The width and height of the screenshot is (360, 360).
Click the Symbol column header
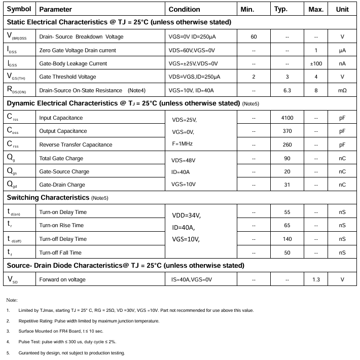point(19,9)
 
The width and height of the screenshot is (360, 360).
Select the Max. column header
point(316,9)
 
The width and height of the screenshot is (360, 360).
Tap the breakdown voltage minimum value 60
point(254,37)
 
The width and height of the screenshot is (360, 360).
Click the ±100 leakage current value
point(316,63)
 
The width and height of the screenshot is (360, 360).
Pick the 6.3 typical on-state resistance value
point(287,90)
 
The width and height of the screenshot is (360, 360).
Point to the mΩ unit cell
point(342,90)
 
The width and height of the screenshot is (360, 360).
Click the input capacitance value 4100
point(287,118)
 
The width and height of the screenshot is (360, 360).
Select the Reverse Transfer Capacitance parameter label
point(76,145)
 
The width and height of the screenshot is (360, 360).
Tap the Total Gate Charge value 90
point(287,158)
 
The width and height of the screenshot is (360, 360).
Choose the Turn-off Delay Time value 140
point(287,239)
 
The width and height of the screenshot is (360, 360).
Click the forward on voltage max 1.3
point(316,279)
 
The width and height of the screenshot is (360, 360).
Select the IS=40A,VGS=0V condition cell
point(190,279)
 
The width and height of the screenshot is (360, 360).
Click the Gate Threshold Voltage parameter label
point(67,77)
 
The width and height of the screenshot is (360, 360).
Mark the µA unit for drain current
point(342,50)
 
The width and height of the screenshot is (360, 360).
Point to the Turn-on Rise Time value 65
point(287,225)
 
